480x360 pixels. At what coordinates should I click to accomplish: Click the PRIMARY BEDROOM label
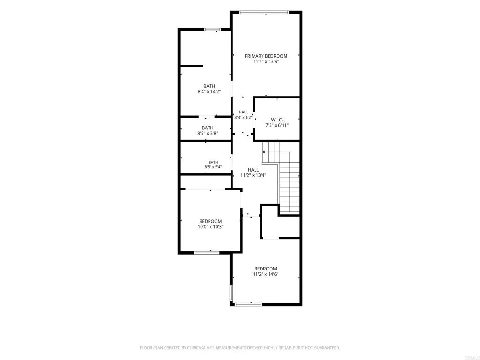pos(266,56)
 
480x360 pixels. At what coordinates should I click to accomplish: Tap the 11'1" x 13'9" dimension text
pos(266,61)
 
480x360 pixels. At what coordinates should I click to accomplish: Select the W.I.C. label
pos(277,120)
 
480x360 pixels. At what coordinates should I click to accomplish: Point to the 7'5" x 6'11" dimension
pos(277,125)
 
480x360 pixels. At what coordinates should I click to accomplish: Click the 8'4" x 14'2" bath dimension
pos(209,91)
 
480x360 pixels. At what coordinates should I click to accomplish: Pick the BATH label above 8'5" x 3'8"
pos(208,127)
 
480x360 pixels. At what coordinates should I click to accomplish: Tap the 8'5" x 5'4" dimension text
pos(213,167)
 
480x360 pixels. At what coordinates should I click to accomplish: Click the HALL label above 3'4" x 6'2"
pos(243,112)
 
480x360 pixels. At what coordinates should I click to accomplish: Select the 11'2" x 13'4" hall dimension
pos(253,175)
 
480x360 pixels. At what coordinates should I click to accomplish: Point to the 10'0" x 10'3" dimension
pos(210,227)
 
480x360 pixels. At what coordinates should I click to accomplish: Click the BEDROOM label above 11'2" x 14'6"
pos(265,269)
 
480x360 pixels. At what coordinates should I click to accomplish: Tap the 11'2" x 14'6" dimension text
pos(265,274)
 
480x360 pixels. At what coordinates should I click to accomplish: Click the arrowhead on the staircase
pos(263,152)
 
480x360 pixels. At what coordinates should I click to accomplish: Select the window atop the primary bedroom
pos(264,12)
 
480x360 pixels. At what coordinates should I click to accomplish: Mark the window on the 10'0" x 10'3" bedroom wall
pos(207,253)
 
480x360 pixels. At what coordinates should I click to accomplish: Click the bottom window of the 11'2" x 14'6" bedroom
pos(248,304)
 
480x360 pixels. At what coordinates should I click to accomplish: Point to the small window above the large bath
pos(213,30)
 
